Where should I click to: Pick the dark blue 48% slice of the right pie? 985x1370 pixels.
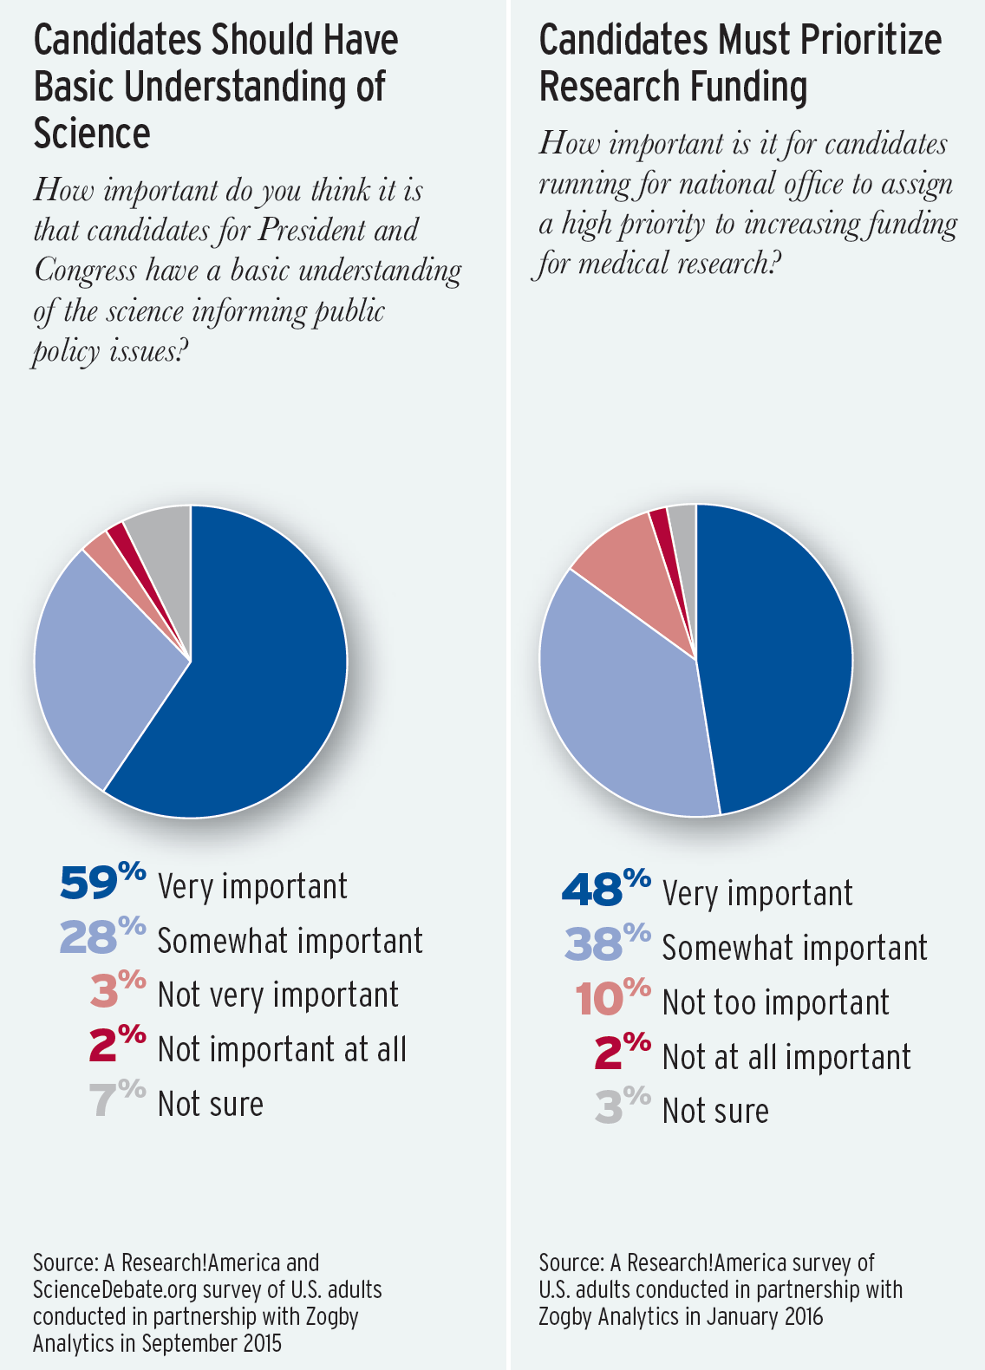pyautogui.click(x=772, y=659)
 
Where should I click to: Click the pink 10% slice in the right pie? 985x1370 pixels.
pyautogui.click(x=624, y=564)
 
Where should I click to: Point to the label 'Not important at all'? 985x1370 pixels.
pyautogui.click(x=282, y=1049)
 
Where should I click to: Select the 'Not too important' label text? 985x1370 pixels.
pyautogui.click(x=775, y=1002)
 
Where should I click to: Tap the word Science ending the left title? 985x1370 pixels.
pyautogui.click(x=92, y=134)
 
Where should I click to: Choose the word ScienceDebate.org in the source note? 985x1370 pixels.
pyautogui.click(x=100, y=1289)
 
